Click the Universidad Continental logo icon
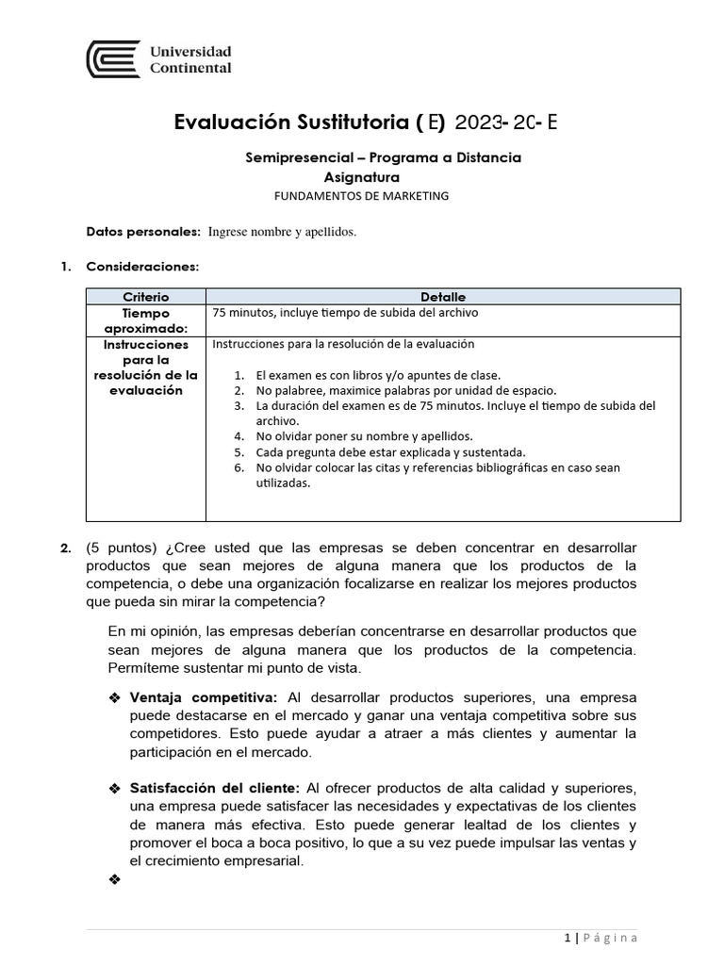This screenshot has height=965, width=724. click(113, 59)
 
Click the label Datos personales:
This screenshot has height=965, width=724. click(143, 232)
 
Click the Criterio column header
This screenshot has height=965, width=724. click(146, 297)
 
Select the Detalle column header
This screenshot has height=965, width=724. click(443, 297)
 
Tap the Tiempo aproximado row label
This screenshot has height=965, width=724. click(146, 320)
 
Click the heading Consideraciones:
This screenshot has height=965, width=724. click(142, 267)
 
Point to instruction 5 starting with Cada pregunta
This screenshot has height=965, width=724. click(390, 452)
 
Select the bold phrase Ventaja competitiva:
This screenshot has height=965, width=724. click(203, 697)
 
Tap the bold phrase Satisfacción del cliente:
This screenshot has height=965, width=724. click(214, 788)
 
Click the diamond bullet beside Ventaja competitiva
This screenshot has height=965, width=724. click(115, 697)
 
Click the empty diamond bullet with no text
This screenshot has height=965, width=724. click(115, 879)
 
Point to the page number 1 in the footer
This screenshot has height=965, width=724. click(568, 938)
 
